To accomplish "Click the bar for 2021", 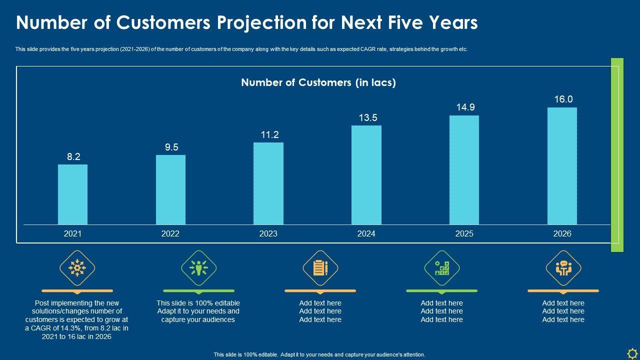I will point(72,194).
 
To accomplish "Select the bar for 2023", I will point(268,183).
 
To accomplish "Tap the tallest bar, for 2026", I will point(562,166).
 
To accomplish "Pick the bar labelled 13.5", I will point(366,175).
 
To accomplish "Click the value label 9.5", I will point(171,147).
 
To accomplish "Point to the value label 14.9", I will point(465,107).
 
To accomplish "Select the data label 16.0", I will point(563,99).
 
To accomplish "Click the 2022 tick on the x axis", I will point(170,233).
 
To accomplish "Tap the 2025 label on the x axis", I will point(464,233).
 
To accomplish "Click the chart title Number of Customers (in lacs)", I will point(318,82).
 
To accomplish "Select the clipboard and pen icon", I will point(320,268).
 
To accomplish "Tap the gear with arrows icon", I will point(77,268).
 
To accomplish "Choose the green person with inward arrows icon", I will point(199,268).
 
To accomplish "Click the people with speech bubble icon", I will point(563,268).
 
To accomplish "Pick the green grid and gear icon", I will point(442,268).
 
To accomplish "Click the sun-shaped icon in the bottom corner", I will point(631,352).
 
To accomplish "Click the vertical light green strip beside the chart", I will point(617,155).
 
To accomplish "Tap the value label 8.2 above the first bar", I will point(74,156).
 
